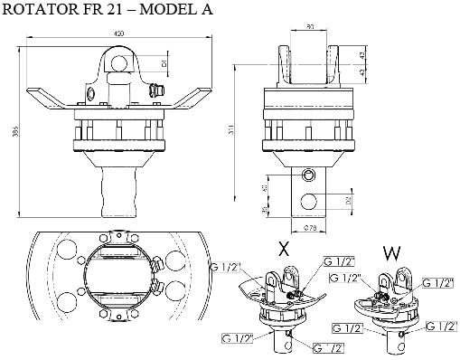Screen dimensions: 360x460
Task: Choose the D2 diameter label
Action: (x=347, y=197)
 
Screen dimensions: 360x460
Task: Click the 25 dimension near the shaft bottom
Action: (x=264, y=211)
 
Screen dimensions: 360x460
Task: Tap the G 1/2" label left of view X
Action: (x=224, y=269)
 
